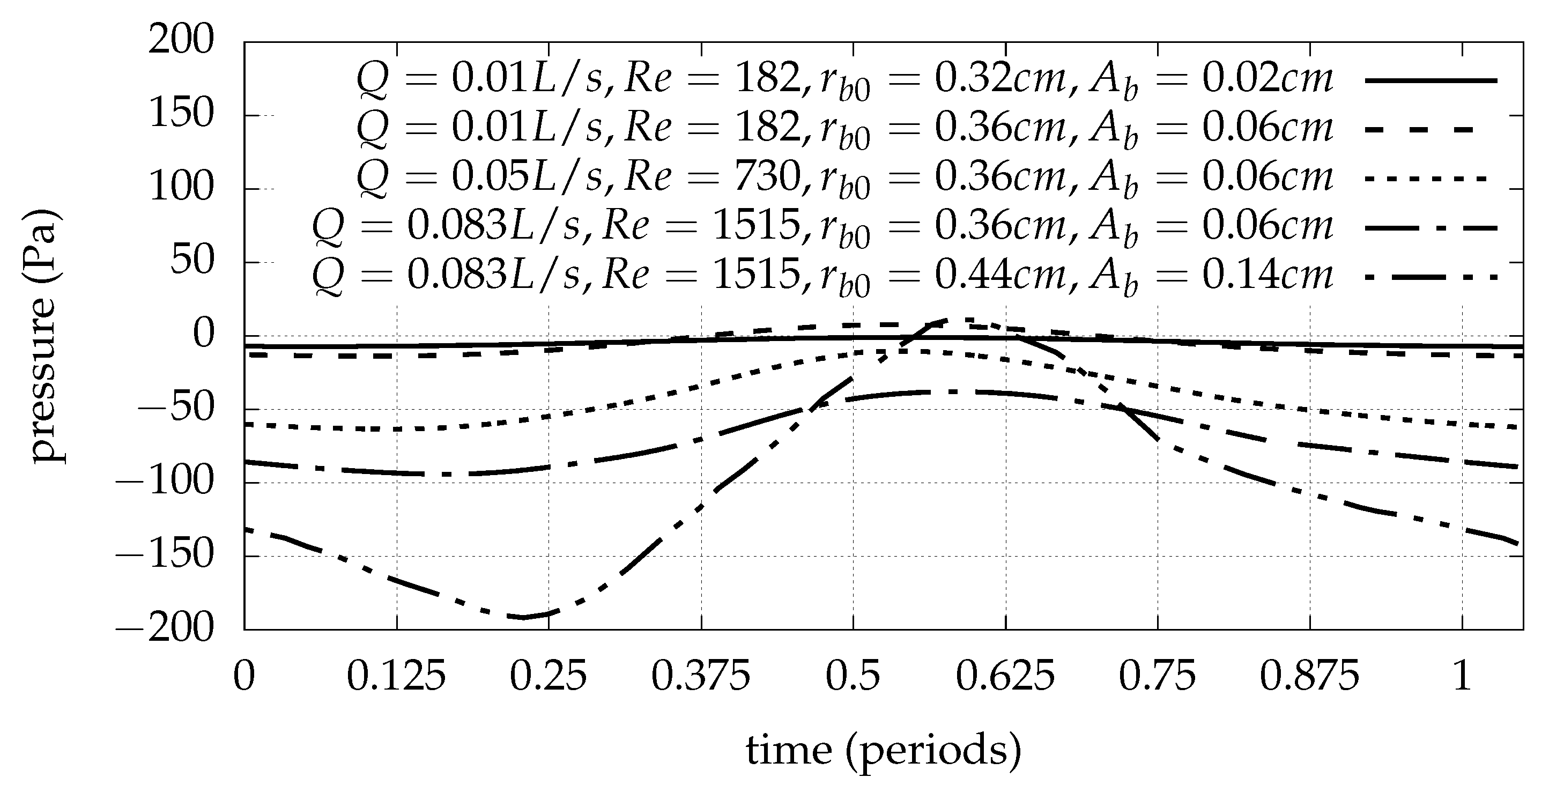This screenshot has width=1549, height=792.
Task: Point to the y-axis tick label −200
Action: tap(164, 630)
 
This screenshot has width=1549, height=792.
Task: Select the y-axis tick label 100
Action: tap(182, 188)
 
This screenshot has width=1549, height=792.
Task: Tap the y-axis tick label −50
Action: tap(175, 409)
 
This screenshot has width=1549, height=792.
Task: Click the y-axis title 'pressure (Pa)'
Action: tap(46, 336)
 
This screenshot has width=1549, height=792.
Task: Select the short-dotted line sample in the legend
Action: tap(1431, 178)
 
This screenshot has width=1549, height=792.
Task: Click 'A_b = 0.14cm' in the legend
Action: tap(1211, 277)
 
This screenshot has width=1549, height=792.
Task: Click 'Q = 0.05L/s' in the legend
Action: tap(481, 178)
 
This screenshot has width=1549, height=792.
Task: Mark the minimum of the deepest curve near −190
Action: tap(524, 617)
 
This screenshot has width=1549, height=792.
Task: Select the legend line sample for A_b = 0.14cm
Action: tap(1431, 277)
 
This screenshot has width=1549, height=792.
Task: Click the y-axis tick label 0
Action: tap(203, 335)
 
